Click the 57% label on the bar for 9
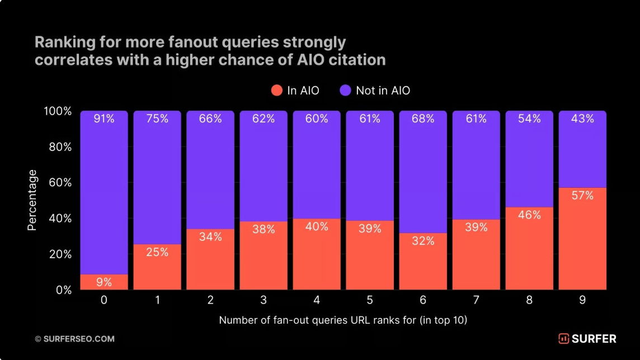click(x=582, y=196)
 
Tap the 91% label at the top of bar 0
click(x=104, y=119)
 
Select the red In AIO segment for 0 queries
click(x=104, y=282)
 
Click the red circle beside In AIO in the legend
click(x=276, y=91)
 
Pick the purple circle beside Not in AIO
click(x=345, y=91)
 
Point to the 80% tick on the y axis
click(x=58, y=147)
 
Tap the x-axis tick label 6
click(x=423, y=301)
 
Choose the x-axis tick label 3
click(x=263, y=301)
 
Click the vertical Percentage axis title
click(x=32, y=200)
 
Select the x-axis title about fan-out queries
click(x=343, y=320)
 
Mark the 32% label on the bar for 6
click(x=423, y=241)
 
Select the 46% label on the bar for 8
click(x=529, y=215)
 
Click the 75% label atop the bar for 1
click(x=157, y=119)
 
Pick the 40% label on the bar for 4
click(x=317, y=226)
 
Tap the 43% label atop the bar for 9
click(x=582, y=119)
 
